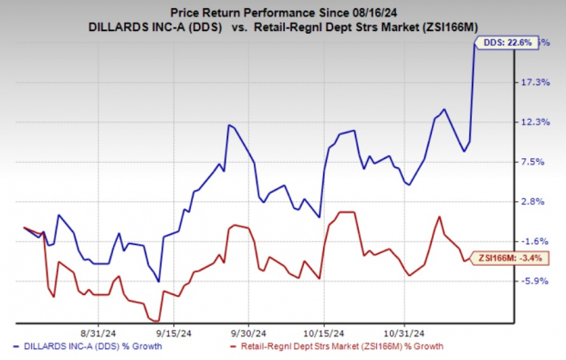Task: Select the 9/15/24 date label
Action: click(x=169, y=334)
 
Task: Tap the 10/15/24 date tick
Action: click(x=324, y=334)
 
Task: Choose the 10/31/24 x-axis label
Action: click(x=403, y=334)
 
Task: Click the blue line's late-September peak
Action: click(x=229, y=125)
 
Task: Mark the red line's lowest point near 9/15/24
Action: click(x=150, y=319)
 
